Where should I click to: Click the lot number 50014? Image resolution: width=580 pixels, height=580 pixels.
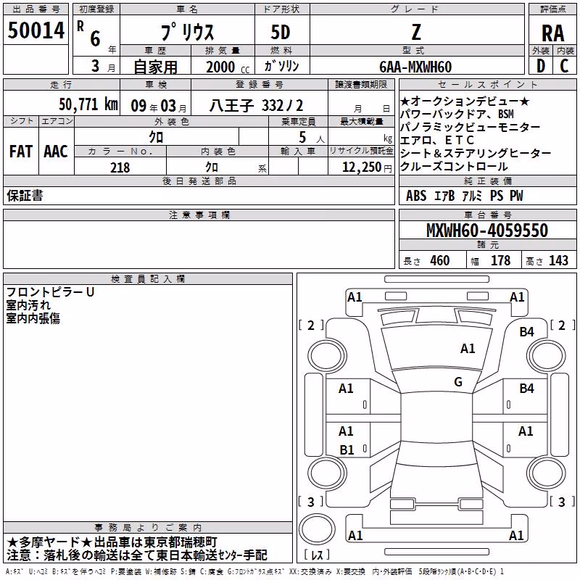point(36,30)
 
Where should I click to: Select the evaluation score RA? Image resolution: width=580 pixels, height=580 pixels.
point(552,33)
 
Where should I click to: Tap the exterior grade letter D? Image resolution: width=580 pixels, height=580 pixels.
point(541,66)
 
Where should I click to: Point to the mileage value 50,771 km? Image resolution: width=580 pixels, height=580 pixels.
point(88,104)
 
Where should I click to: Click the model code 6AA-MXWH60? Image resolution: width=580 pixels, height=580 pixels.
point(415,67)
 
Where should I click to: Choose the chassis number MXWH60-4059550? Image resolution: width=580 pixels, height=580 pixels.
point(487,231)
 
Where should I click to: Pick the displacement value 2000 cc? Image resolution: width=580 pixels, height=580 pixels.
point(228,67)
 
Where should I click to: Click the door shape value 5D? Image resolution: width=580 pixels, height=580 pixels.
point(281,33)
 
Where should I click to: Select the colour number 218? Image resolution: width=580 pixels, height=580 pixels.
point(120,167)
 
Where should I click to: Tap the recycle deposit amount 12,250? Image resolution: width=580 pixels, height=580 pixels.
point(362,167)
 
